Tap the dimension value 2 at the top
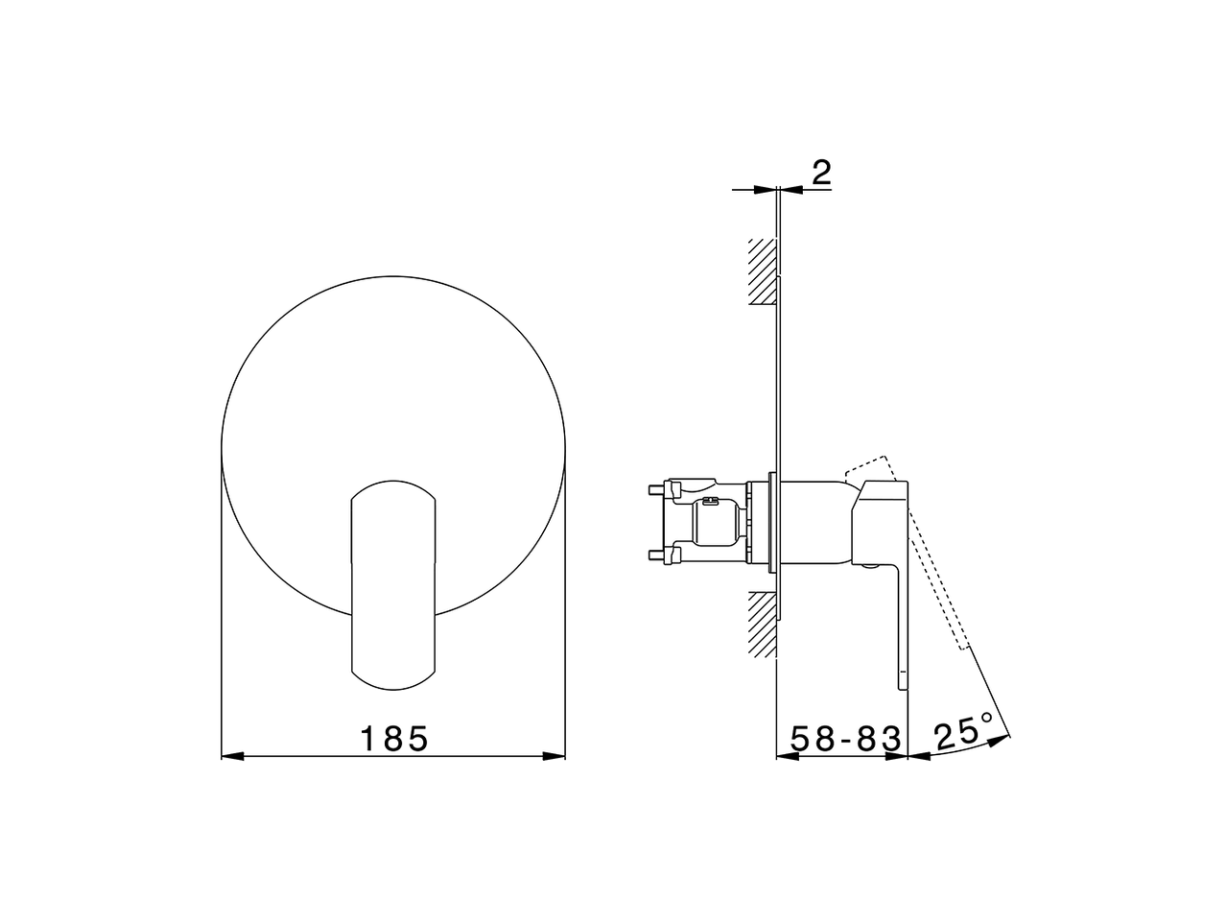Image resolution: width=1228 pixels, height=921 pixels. pyautogui.click(x=821, y=173)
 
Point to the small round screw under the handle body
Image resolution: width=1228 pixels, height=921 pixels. pyautogui.click(x=868, y=567)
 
